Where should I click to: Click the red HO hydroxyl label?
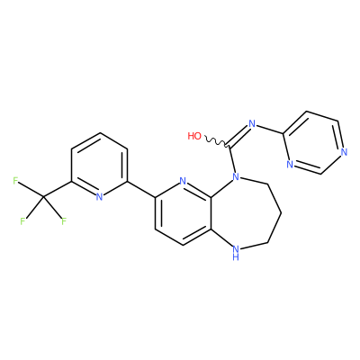[x=194, y=136]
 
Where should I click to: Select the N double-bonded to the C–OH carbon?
[x=252, y=123]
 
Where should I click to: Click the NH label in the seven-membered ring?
[x=236, y=252]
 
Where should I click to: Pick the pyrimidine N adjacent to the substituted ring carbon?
[x=289, y=164]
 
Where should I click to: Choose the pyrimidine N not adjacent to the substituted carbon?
[x=344, y=152]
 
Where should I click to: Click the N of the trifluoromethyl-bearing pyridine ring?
[x=99, y=197]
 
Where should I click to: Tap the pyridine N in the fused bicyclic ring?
[x=183, y=181]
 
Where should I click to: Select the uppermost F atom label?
[x=15, y=181]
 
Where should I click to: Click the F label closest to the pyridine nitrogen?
[x=64, y=221]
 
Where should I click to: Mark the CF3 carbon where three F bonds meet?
[x=44, y=197]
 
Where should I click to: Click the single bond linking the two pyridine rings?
[x=141, y=189]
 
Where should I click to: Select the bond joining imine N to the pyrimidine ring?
[x=269, y=129]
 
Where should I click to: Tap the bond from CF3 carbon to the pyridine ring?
[x=58, y=189]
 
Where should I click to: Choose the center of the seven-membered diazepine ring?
[x=244, y=214]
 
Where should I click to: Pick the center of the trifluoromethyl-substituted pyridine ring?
[x=99, y=165]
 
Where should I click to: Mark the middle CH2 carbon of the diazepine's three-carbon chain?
[x=282, y=213]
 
